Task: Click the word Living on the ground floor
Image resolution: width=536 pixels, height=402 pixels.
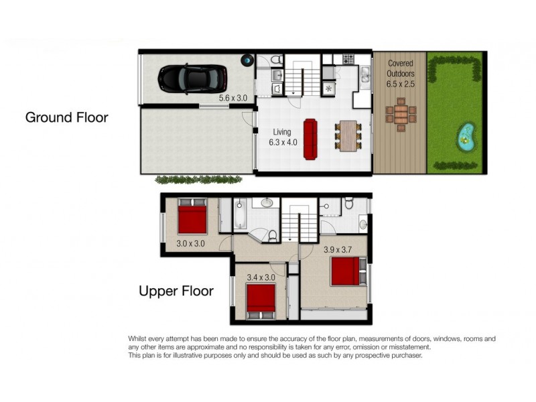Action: (281, 132)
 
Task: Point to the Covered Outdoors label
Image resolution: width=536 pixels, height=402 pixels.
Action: (400, 73)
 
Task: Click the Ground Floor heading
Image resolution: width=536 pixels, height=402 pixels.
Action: (66, 117)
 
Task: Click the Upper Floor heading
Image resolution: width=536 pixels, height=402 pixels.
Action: (176, 291)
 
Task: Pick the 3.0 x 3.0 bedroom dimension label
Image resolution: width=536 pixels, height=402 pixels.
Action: (190, 244)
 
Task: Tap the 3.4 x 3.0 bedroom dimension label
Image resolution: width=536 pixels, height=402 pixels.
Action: (261, 275)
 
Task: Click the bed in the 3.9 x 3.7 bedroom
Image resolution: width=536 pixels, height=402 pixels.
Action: (346, 272)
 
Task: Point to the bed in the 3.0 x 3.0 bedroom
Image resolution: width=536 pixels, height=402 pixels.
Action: (193, 218)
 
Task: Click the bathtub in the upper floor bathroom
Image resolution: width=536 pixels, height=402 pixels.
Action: (241, 216)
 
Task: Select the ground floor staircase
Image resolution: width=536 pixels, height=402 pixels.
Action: (301, 79)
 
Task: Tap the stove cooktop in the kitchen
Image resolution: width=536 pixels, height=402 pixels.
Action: (348, 60)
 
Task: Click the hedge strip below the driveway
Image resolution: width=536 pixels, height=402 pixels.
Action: (199, 180)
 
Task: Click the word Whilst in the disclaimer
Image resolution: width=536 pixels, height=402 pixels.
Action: (139, 339)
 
